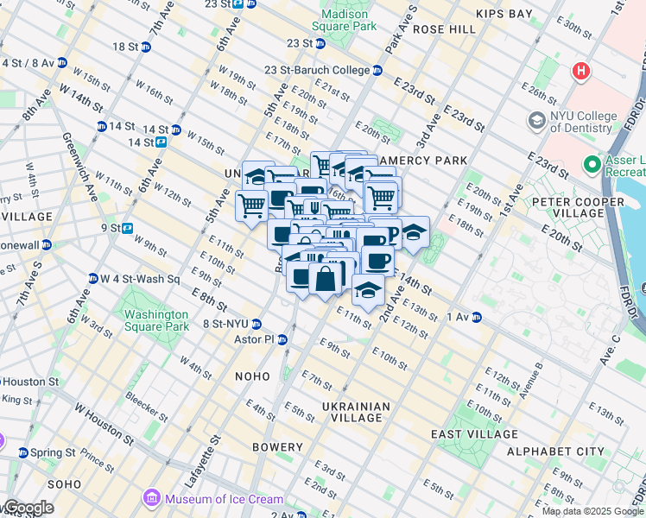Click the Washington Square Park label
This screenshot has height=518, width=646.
tap(155, 320)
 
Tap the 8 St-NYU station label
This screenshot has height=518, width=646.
tap(225, 324)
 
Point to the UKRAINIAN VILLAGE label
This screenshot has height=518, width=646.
tap(356, 412)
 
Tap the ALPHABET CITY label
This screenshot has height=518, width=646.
tap(555, 452)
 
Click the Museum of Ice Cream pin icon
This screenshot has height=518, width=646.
tap(152, 498)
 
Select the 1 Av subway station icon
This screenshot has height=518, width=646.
tap(476, 317)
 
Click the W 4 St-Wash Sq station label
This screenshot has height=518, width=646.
tap(138, 279)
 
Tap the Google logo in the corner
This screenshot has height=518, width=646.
tap(28, 508)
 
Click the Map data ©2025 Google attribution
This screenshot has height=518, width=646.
tap(592, 511)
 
